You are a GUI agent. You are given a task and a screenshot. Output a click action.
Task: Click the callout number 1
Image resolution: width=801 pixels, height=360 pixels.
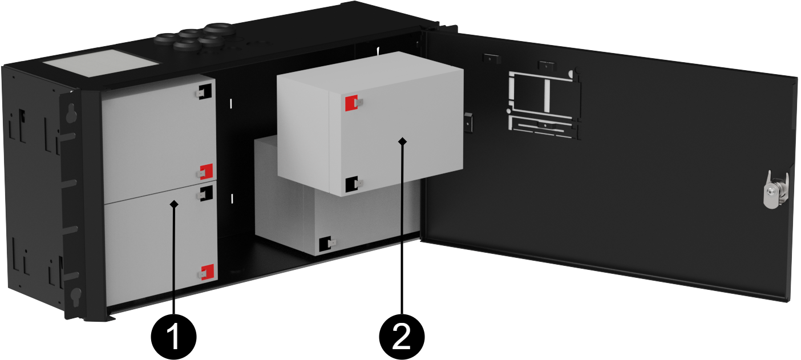click(174, 336)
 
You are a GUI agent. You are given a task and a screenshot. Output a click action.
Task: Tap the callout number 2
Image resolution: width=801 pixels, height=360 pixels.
click(402, 336)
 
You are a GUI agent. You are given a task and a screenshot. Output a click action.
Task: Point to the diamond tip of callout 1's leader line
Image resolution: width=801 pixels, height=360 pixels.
click(175, 203)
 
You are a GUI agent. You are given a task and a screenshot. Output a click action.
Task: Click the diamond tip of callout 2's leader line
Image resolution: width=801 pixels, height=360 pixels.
click(403, 140)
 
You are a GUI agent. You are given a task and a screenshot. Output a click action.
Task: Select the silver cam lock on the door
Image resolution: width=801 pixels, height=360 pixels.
click(772, 189)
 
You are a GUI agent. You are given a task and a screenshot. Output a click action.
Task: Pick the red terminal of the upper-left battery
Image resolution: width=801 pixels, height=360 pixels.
click(206, 170)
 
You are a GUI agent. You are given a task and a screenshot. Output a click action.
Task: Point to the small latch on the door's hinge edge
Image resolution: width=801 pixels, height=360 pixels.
click(468, 121)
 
